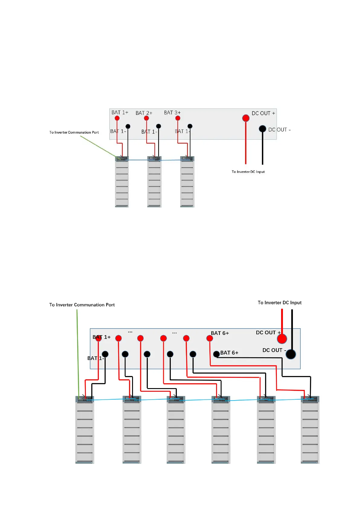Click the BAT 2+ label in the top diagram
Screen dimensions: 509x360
tap(144, 113)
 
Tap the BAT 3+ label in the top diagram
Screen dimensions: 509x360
tap(172, 113)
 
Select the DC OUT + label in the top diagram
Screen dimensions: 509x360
tap(263, 113)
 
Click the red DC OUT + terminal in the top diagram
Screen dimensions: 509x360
tap(246, 118)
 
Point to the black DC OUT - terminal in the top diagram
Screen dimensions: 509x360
tap(262, 129)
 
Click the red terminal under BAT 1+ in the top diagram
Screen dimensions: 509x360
tap(117, 118)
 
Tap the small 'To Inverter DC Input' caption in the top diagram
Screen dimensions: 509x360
tap(248, 172)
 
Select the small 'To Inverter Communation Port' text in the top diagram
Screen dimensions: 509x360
tap(74, 132)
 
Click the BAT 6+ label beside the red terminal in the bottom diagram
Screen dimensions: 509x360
tap(220, 333)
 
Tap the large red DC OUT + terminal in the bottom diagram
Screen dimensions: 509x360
tap(282, 339)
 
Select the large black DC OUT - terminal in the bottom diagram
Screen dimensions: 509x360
tap(291, 354)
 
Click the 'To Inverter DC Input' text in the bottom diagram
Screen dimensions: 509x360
tap(280, 303)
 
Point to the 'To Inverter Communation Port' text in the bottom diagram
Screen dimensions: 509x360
tap(82, 305)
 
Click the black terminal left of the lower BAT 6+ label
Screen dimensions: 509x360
tap(216, 354)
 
